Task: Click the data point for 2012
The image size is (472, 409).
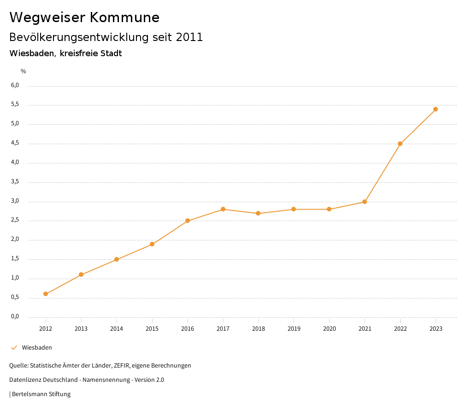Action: pyautogui.click(x=46, y=294)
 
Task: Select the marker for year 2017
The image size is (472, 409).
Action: pyautogui.click(x=223, y=209)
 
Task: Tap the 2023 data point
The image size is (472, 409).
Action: pyautogui.click(x=436, y=109)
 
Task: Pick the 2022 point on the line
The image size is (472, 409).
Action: pyautogui.click(x=400, y=144)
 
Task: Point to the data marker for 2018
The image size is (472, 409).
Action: pyautogui.click(x=258, y=213)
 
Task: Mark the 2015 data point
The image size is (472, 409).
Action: pyautogui.click(x=152, y=244)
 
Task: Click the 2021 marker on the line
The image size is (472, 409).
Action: pyautogui.click(x=365, y=202)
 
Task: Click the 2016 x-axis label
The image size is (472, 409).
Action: pyautogui.click(x=188, y=328)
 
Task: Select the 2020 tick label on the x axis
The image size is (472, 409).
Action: pyautogui.click(x=329, y=328)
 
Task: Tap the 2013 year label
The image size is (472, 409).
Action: pyautogui.click(x=81, y=328)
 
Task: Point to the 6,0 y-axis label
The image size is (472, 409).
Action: pyautogui.click(x=15, y=85)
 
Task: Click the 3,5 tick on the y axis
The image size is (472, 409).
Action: pyautogui.click(x=15, y=181)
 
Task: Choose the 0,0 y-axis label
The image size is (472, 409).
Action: pyautogui.click(x=15, y=316)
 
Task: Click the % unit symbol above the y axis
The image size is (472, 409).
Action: pyautogui.click(x=24, y=71)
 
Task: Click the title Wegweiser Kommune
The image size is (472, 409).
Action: pyautogui.click(x=84, y=18)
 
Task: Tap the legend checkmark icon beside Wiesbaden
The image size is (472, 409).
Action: pyautogui.click(x=14, y=348)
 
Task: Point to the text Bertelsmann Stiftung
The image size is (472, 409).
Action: pyautogui.click(x=41, y=394)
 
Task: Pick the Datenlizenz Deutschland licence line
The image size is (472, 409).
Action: pyautogui.click(x=87, y=380)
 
